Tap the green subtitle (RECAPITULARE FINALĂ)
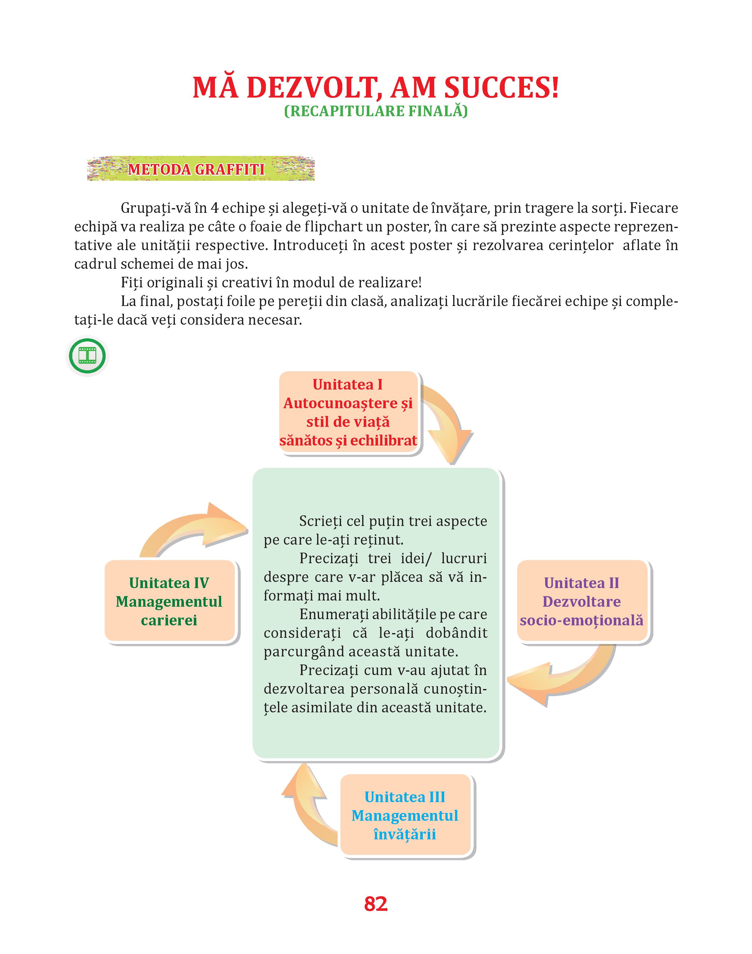point(376,111)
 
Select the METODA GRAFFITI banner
point(201,169)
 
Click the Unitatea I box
point(348,413)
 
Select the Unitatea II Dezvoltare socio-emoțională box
point(581,601)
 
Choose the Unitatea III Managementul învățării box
point(405,816)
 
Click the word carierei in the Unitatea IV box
point(169,620)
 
